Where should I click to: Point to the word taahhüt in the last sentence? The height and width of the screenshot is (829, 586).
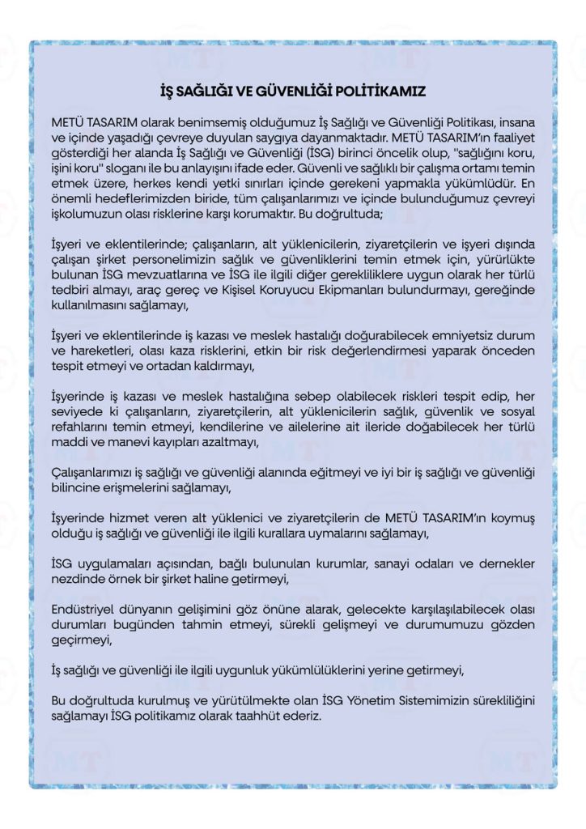point(254,714)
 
